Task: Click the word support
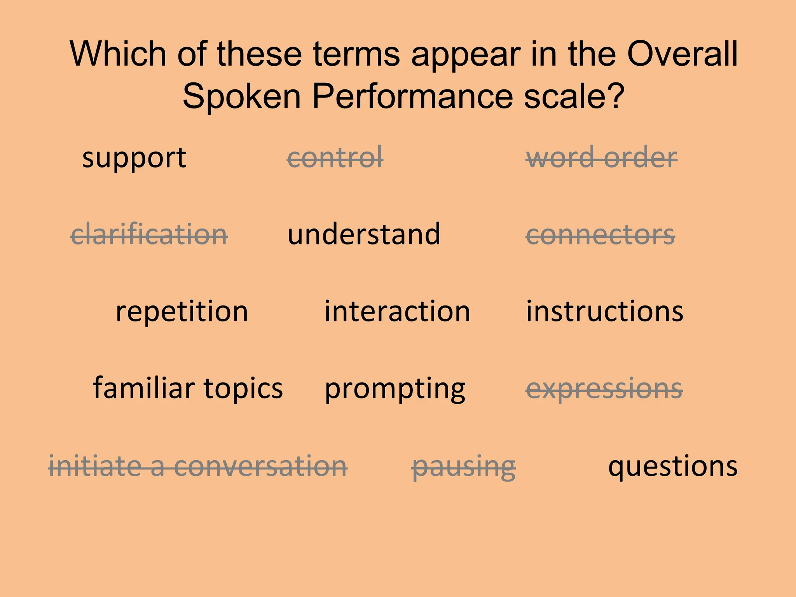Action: (134, 158)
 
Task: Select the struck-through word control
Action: (335, 158)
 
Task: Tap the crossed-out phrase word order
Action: (601, 158)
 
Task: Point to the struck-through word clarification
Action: (149, 234)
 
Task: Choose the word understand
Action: (364, 234)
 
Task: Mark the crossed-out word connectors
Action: (600, 234)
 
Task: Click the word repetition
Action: (182, 311)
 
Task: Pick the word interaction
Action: (397, 311)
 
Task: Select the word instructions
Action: (604, 311)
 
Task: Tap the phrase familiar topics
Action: (188, 388)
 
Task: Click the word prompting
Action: (395, 388)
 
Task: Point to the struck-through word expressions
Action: (604, 388)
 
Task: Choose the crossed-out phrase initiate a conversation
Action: (198, 466)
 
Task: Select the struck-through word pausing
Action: (464, 466)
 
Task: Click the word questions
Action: (673, 466)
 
